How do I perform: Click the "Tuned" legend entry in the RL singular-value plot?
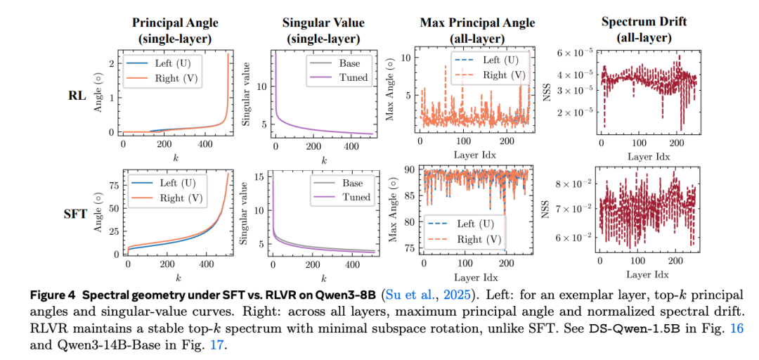point(353,77)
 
